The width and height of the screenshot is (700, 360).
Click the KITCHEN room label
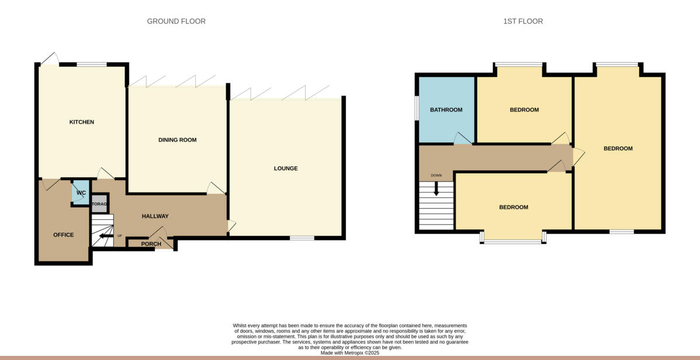[82, 122]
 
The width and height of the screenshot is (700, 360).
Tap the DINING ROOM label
[177, 140]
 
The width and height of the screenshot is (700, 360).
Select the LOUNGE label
[286, 169]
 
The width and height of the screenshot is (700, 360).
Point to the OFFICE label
[64, 235]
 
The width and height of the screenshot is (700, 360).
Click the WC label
[81, 193]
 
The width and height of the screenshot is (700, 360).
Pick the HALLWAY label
[155, 216]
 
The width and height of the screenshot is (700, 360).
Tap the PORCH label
[151, 244]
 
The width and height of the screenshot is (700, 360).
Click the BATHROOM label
[446, 110]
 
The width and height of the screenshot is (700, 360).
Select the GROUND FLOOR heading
[176, 22]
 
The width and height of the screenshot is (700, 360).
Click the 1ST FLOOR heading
[523, 22]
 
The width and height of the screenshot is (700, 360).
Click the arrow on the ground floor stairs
[106, 236]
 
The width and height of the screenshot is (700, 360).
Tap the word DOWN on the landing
[436, 175]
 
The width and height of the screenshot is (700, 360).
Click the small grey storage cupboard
[99, 204]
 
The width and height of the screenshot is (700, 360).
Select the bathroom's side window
[416, 108]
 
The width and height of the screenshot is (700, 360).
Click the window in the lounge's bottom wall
[302, 237]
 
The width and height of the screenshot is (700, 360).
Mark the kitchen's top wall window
[92, 64]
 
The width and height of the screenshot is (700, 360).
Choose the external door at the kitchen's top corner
[49, 60]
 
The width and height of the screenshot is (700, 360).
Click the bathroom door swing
[463, 139]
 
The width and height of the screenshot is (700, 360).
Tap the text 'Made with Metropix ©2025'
[350, 352]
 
